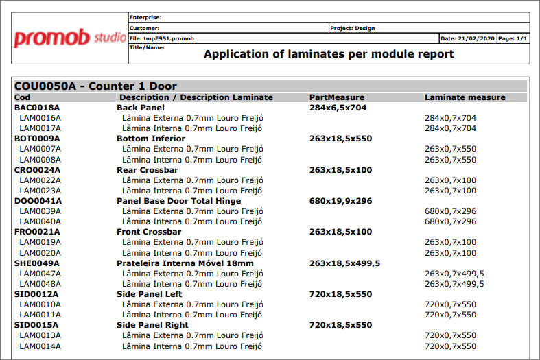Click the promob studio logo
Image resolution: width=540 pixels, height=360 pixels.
tap(69, 37)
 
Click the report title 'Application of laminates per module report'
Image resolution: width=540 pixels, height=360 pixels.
tap(329, 54)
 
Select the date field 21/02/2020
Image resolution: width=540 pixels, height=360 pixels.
tap(467, 38)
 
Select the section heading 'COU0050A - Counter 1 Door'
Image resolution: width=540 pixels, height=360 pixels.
tap(95, 86)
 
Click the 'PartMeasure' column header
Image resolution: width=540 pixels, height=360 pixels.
tap(337, 97)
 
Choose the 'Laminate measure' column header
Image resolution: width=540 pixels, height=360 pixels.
tap(465, 97)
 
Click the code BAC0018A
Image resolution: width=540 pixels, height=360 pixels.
tap(38, 108)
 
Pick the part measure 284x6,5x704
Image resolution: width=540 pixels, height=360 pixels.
tap(338, 108)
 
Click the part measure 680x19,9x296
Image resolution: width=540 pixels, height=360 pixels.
tap(340, 201)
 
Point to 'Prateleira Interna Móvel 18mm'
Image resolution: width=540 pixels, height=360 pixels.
tap(185, 263)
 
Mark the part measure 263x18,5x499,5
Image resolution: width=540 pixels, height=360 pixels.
tap(345, 263)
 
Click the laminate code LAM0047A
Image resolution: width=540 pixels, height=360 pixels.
tap(40, 274)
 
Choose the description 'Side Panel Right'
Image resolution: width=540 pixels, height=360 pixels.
tap(152, 325)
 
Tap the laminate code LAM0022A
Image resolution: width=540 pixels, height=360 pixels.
tap(40, 180)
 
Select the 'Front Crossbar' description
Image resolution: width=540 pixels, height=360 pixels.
tap(149, 232)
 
